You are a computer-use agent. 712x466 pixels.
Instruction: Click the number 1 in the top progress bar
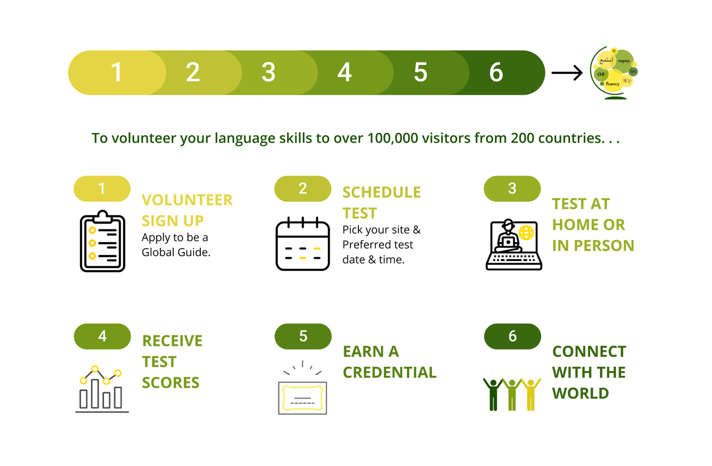coord(117,73)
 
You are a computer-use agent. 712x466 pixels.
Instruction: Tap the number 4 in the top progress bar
coord(345,73)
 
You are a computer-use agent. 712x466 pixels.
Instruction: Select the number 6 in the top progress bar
coord(496,73)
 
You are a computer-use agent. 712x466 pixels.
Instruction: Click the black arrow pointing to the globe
coord(567,73)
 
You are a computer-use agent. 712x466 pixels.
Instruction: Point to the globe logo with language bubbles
coord(614,73)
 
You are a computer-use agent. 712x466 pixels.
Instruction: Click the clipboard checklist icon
coord(103,242)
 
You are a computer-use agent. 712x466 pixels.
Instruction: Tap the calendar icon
coord(303,244)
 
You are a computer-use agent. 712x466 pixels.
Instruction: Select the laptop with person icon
coord(514,245)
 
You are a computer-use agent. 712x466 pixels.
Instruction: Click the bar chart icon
coord(102,389)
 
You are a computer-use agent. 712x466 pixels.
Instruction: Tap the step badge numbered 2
coord(303,189)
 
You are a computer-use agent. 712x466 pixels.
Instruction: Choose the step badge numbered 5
coord(303,336)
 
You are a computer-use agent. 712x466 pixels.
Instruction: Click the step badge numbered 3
coord(512,189)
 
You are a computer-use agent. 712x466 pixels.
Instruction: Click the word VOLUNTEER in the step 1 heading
coord(187,200)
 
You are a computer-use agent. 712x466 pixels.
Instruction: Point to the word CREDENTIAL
coord(390,373)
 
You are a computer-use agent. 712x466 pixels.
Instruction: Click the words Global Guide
coord(176,252)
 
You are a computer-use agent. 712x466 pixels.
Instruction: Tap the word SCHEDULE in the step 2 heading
coord(382,193)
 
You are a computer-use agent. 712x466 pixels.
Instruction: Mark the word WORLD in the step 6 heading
coord(581,393)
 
